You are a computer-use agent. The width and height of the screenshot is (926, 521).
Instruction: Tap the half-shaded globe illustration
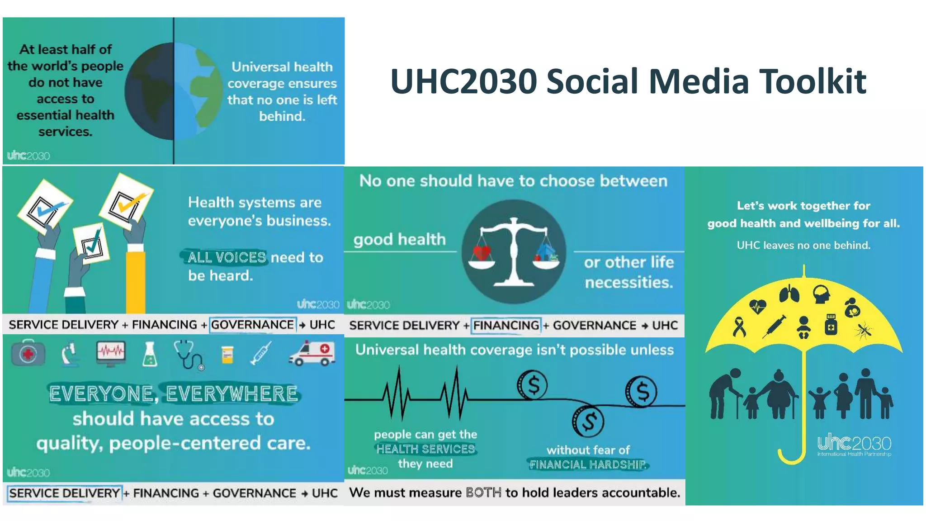pyautogui.click(x=174, y=91)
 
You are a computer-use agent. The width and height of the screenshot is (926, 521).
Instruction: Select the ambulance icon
pyautogui.click(x=312, y=353)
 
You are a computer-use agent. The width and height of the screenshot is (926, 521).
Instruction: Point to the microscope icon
pyautogui.click(x=70, y=354)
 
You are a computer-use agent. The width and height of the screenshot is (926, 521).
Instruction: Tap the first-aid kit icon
pyautogui.click(x=28, y=353)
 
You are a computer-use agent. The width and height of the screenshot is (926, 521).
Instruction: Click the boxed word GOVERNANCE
pyautogui.click(x=252, y=325)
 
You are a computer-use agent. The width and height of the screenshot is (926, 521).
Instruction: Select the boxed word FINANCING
pyautogui.click(x=506, y=325)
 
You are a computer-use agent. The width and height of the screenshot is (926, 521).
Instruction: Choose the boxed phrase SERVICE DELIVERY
pyautogui.click(x=64, y=493)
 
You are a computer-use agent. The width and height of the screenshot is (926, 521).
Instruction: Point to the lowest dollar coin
pyautogui.click(x=588, y=421)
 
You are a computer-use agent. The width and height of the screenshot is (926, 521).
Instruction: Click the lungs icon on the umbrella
pyautogui.click(x=789, y=294)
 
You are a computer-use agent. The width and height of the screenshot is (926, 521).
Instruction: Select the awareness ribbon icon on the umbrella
pyautogui.click(x=739, y=327)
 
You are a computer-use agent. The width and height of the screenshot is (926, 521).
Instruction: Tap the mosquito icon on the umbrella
pyautogui.click(x=864, y=331)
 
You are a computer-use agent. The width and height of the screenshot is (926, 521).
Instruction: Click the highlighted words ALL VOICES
pyautogui.click(x=227, y=257)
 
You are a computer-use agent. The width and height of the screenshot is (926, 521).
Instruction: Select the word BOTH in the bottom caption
pyautogui.click(x=483, y=493)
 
